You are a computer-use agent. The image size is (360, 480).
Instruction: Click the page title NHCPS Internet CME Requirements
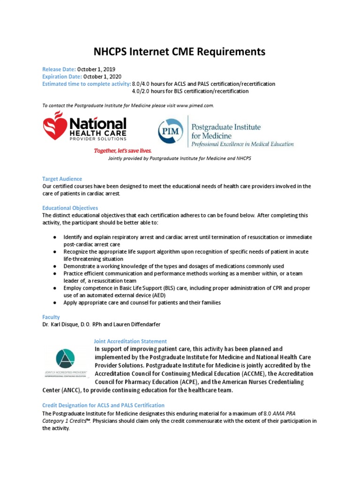pos(180,52)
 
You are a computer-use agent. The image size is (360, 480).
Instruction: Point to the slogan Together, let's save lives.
pos(123,151)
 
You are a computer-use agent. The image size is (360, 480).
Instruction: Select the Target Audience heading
pos(62,179)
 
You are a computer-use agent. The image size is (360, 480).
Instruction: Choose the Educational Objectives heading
pos(70,208)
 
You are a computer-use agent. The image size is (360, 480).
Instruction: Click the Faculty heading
pos(51,317)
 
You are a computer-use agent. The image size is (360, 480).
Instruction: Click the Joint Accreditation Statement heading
pos(130,341)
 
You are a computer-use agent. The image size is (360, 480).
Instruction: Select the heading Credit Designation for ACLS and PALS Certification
pos(103,405)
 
